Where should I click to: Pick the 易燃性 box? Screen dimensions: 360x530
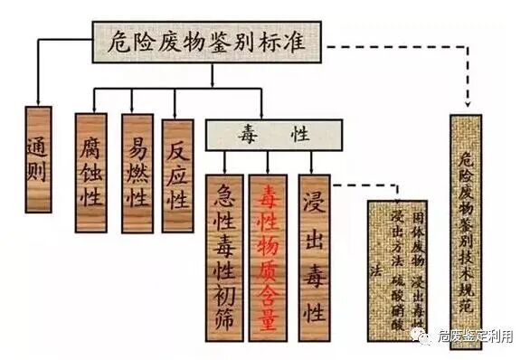[x=137, y=172]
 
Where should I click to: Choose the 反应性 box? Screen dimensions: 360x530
[x=177, y=172]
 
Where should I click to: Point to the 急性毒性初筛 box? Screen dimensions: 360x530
[x=225, y=236]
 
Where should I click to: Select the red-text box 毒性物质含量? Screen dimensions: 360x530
[x=269, y=236]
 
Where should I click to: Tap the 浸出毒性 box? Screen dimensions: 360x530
[x=313, y=236]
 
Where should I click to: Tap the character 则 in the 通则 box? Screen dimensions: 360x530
[x=40, y=172]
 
